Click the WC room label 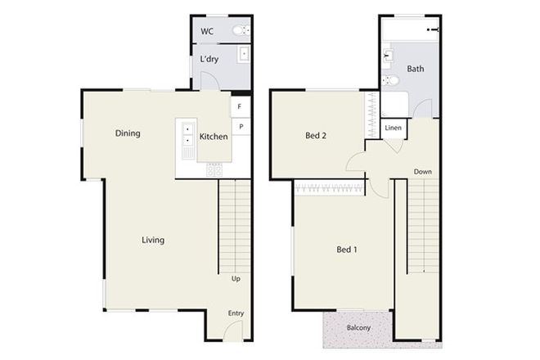(207, 32)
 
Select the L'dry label (209, 60)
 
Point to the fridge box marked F (241, 107)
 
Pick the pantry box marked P (241, 127)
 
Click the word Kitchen (214, 137)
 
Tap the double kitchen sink (187, 135)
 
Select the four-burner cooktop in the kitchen (214, 170)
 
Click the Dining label (127, 133)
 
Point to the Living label (153, 240)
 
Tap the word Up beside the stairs (236, 279)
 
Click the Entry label (236, 313)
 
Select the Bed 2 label (317, 136)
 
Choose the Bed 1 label (346, 250)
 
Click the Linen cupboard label (393, 128)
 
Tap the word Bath (415, 70)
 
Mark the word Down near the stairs (423, 172)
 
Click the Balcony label (358, 328)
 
